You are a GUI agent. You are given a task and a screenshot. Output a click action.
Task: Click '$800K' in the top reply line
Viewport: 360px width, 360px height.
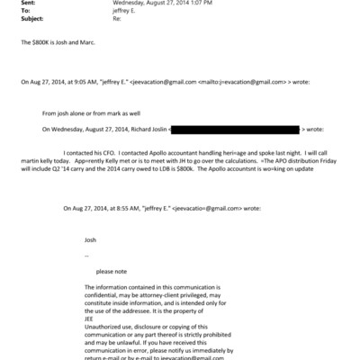(38, 44)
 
